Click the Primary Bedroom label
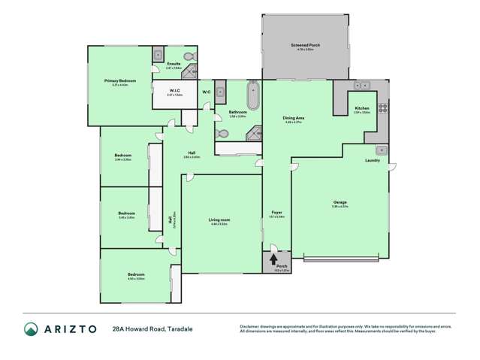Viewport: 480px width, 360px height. coord(120,80)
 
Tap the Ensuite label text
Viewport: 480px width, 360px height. coord(174,65)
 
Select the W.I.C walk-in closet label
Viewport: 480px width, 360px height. coord(174,91)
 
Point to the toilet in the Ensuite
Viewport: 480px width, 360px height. coord(189,56)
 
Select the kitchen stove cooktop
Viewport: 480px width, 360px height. coord(382,107)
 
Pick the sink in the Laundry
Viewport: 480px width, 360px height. coord(381,149)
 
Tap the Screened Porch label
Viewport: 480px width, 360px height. coord(305,46)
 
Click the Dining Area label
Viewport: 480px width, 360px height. coord(293,119)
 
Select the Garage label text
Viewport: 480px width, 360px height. coord(340,202)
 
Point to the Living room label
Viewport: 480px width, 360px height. coord(219,220)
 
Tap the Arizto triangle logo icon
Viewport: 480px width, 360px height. coord(31,329)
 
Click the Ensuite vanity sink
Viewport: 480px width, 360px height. coord(158,55)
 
